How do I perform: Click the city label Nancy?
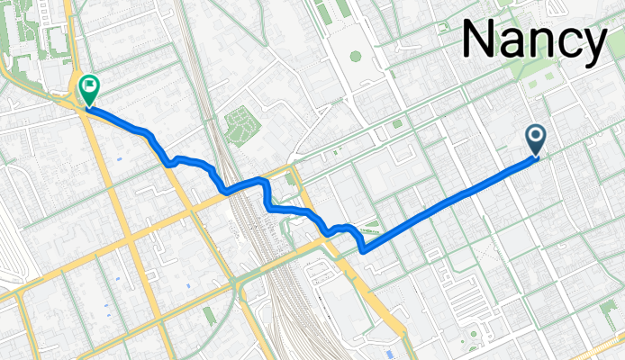533,41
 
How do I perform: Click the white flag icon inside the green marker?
89,87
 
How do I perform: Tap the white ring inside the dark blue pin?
536,136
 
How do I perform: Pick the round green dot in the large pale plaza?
355,56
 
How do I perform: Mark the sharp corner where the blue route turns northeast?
363,252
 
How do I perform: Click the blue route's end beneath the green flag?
89,109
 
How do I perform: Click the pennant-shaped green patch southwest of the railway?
209,314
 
